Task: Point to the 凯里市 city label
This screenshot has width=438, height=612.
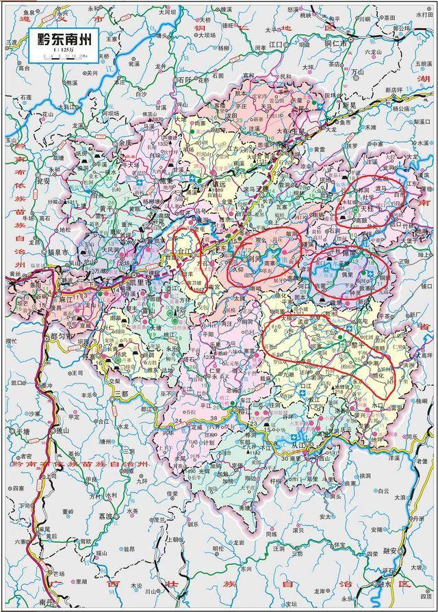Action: tap(121, 282)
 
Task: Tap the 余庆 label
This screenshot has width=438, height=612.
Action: tap(125, 144)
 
